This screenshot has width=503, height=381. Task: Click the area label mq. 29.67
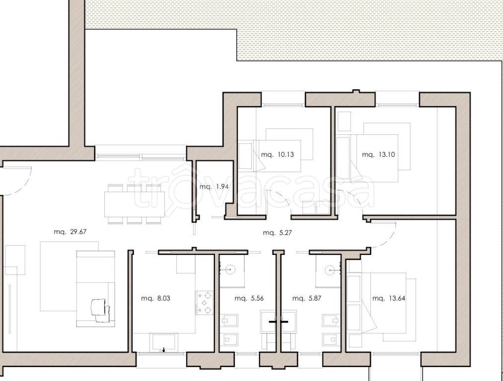tap(70, 232)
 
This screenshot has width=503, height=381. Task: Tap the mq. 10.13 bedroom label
tap(278, 154)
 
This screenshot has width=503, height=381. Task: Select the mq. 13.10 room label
tap(378, 154)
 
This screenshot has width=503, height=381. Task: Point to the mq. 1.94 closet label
tap(214, 187)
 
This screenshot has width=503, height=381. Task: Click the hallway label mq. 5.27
tap(278, 233)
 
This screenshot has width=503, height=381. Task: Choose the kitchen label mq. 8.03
tap(155, 298)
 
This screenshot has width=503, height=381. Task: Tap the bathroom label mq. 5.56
tap(249, 298)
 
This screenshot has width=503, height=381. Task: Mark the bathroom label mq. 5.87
tap(307, 298)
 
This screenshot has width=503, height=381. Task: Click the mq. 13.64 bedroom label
tap(389, 298)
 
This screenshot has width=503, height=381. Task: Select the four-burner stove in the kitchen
tap(205, 303)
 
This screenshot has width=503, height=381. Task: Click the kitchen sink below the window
tap(163, 342)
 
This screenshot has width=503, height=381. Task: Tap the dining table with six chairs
tap(135, 204)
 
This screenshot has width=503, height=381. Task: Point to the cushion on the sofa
tap(98, 307)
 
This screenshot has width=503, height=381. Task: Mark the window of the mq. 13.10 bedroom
tap(397, 105)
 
